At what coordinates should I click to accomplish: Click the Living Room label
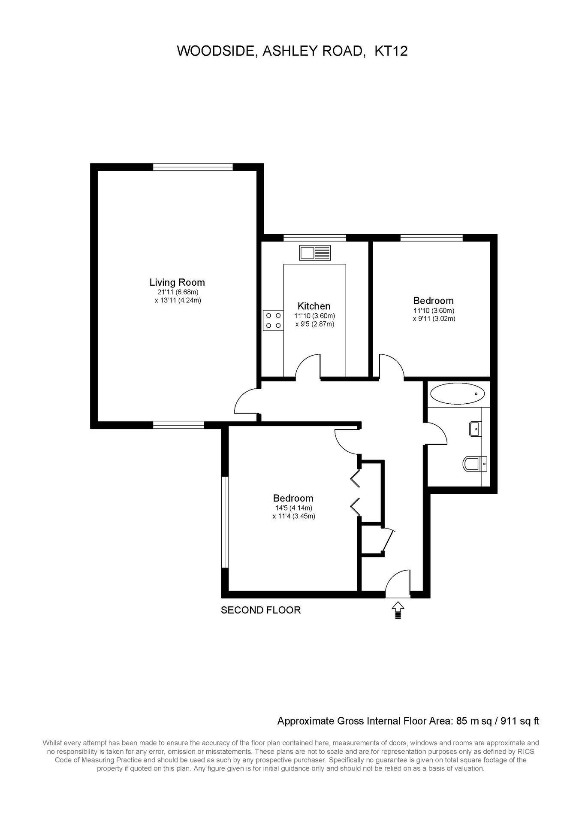177,282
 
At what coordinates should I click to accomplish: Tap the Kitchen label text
314,306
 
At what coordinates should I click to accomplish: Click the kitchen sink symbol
315,253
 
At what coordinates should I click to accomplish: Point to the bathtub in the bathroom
457,393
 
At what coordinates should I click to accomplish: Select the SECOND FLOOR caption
261,610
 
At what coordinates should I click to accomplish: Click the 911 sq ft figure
520,721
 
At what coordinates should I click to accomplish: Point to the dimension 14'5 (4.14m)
294,508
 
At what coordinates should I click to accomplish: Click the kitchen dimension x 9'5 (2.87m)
314,324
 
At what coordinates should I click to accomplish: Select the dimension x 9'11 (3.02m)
434,319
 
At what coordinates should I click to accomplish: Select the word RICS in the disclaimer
526,752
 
